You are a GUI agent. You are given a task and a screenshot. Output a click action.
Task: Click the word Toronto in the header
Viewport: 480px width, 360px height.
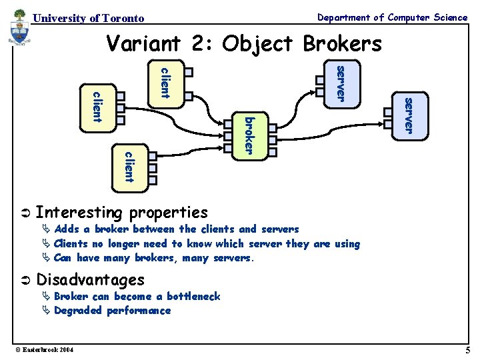click(123, 18)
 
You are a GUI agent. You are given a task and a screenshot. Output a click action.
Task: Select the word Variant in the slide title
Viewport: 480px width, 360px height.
click(143, 43)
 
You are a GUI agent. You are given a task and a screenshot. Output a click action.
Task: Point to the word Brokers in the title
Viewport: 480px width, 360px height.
click(342, 43)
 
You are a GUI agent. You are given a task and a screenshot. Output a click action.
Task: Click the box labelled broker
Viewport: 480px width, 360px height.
click(249, 136)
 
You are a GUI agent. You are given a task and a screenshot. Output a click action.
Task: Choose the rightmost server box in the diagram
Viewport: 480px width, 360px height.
click(409, 115)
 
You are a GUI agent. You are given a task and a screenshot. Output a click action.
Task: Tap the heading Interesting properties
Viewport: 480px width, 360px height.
click(121, 213)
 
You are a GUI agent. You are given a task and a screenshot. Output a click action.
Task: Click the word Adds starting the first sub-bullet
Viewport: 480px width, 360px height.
click(67, 229)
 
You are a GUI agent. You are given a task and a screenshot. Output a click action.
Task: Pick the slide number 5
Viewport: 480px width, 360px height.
click(468, 350)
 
